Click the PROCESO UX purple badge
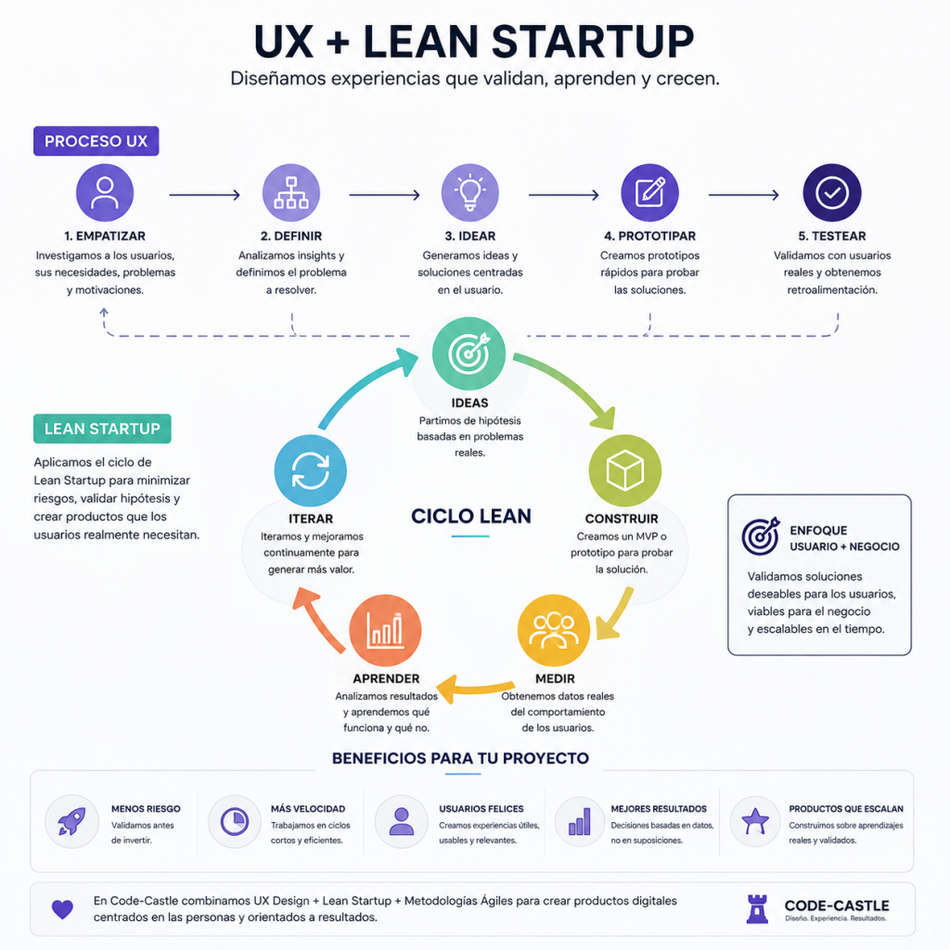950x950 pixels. click(96, 141)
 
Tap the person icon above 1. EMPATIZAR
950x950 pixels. click(105, 193)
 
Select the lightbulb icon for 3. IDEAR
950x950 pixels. click(470, 193)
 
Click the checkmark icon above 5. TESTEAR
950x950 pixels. click(832, 193)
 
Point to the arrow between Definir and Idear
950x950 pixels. click(384, 195)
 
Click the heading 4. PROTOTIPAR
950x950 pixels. click(649, 237)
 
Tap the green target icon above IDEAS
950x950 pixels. click(469, 353)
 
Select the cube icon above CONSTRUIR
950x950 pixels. click(624, 470)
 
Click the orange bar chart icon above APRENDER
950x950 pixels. click(385, 631)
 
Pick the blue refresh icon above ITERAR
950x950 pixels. click(310, 470)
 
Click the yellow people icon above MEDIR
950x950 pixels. click(553, 631)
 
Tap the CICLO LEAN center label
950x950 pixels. click(471, 516)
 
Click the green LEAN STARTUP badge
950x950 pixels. click(102, 429)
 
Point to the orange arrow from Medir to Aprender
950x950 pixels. click(476, 688)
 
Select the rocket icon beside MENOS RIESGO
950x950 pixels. click(71, 822)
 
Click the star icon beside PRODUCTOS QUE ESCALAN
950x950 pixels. click(755, 822)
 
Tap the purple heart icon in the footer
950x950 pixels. click(62, 909)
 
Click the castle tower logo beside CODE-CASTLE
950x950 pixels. click(757, 909)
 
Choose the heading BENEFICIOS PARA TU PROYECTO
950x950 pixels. click(460, 759)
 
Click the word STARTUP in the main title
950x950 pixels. click(592, 43)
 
